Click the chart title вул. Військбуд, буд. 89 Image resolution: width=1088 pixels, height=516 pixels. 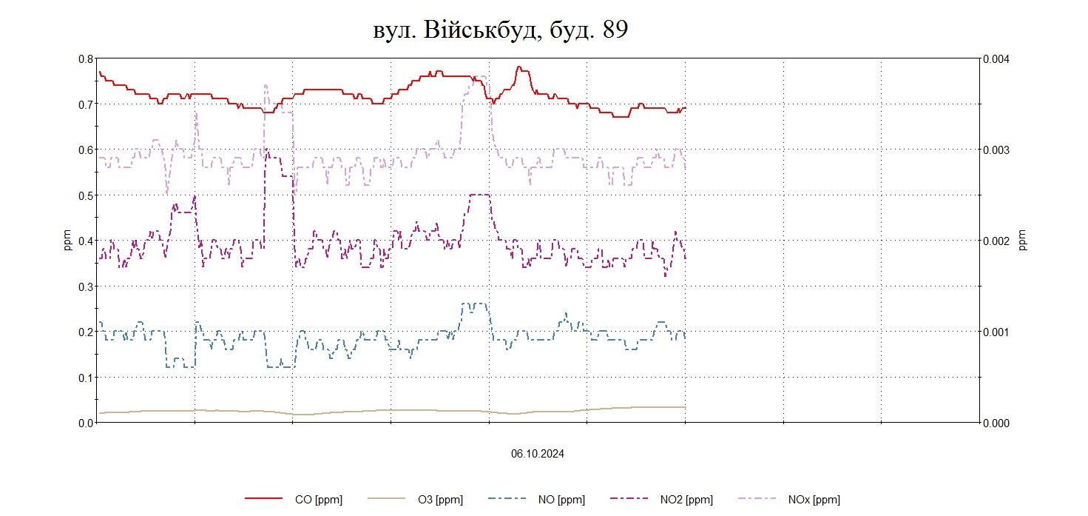point(500,30)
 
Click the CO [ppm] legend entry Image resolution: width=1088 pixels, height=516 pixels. point(318,500)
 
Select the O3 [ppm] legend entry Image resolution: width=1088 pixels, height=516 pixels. point(440,500)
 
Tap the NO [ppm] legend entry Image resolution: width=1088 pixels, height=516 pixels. point(563,500)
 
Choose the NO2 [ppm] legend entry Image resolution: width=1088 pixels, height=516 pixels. point(686,500)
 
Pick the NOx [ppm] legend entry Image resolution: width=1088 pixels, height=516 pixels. point(814,500)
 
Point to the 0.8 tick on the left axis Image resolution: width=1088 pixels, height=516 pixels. point(85,59)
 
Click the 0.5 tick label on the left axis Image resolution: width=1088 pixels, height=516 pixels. point(85,195)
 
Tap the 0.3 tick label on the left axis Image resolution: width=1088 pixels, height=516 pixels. point(85,287)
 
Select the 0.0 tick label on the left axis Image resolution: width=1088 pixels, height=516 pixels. point(85,423)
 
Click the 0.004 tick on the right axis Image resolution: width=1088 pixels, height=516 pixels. point(995,59)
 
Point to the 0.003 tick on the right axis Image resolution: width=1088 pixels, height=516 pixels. point(995,150)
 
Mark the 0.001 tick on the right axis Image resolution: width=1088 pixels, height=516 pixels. point(995,332)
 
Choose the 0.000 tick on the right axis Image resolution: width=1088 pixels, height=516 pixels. point(995,423)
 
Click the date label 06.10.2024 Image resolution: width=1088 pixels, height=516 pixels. point(537,454)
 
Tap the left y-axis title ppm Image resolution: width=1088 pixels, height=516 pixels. point(67,241)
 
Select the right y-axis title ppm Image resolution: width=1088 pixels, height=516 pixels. point(1023,241)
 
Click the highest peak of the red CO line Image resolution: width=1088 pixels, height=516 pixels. point(520,67)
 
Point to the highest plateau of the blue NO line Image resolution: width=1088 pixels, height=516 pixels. point(473,304)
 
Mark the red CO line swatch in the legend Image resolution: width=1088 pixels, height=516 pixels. point(264,500)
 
